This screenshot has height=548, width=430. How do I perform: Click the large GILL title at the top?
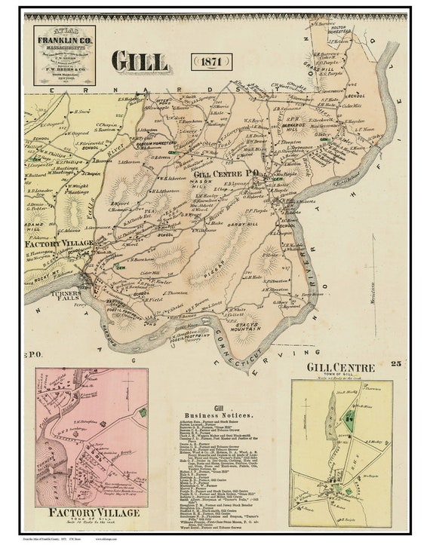(141, 62)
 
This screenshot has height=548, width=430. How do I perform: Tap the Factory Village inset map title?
(83, 513)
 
